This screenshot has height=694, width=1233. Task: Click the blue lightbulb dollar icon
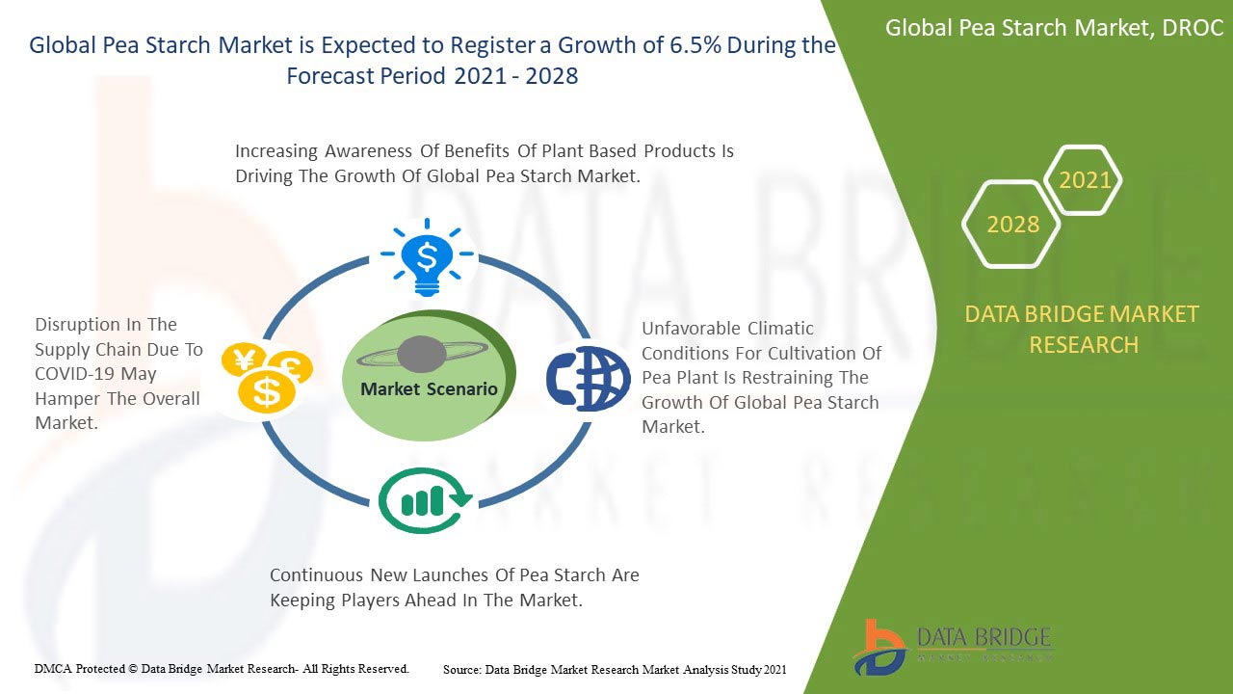click(x=427, y=256)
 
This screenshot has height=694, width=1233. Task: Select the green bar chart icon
click(x=425, y=500)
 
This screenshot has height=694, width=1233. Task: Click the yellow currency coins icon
click(x=266, y=377)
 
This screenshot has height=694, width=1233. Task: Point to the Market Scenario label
click(x=429, y=389)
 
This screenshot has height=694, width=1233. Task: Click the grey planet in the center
click(x=421, y=355)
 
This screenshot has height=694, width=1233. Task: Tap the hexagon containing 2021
click(x=1085, y=180)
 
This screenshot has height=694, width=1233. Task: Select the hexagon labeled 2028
click(x=1012, y=225)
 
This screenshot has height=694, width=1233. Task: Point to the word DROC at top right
click(x=1192, y=28)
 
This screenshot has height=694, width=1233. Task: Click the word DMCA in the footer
click(x=53, y=668)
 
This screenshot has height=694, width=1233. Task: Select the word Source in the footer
click(x=461, y=669)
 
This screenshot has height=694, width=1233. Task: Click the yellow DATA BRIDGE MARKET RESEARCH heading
click(x=1084, y=329)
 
